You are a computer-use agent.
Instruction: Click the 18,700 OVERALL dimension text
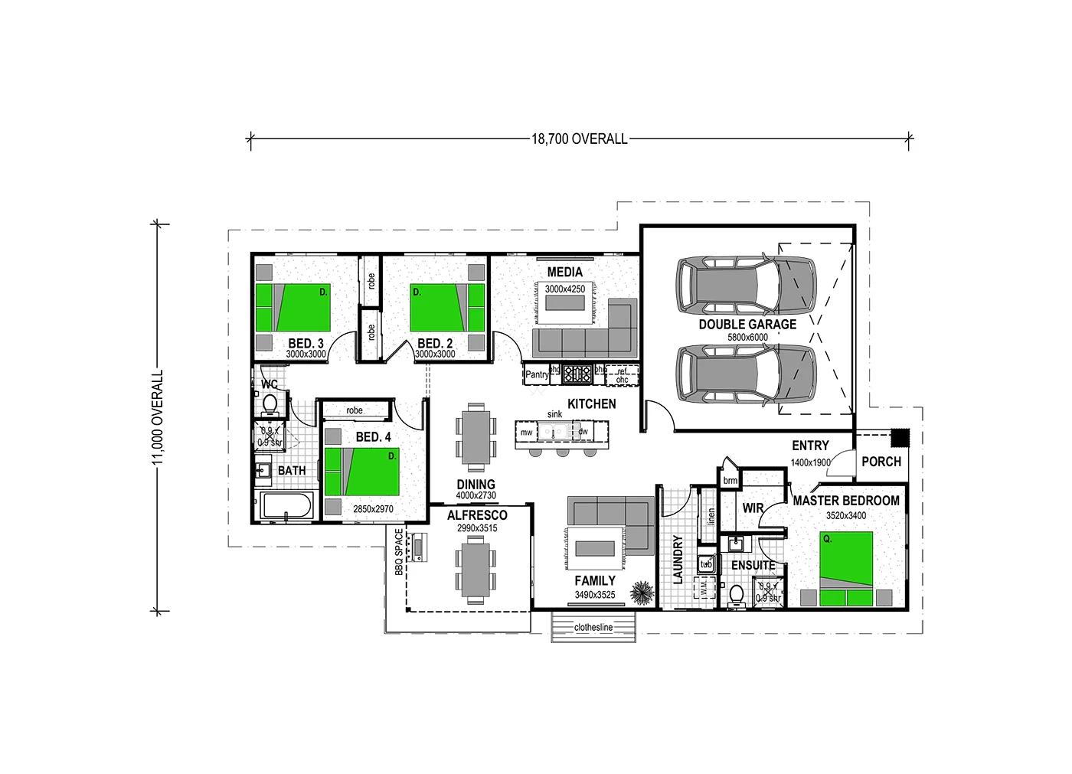coord(579,139)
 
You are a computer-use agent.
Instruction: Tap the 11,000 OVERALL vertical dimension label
coord(158,417)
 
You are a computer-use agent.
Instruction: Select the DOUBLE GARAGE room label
coord(747,324)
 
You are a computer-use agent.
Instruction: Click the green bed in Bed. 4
coord(362,472)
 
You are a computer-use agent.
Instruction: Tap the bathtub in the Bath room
coord(286,506)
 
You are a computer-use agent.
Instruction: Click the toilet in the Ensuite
coord(737,595)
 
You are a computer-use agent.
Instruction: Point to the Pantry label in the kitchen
coord(537,374)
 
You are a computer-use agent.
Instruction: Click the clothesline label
coord(593,627)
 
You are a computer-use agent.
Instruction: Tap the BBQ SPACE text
coord(399,551)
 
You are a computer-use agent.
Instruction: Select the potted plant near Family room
coord(642,593)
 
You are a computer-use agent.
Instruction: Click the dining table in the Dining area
coord(476,436)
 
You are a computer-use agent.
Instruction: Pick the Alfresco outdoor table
coord(476,570)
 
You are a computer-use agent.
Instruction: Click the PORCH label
coord(881,462)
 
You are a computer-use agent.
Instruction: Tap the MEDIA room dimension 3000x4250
coord(565,289)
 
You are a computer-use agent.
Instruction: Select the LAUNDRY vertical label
coord(678,560)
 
